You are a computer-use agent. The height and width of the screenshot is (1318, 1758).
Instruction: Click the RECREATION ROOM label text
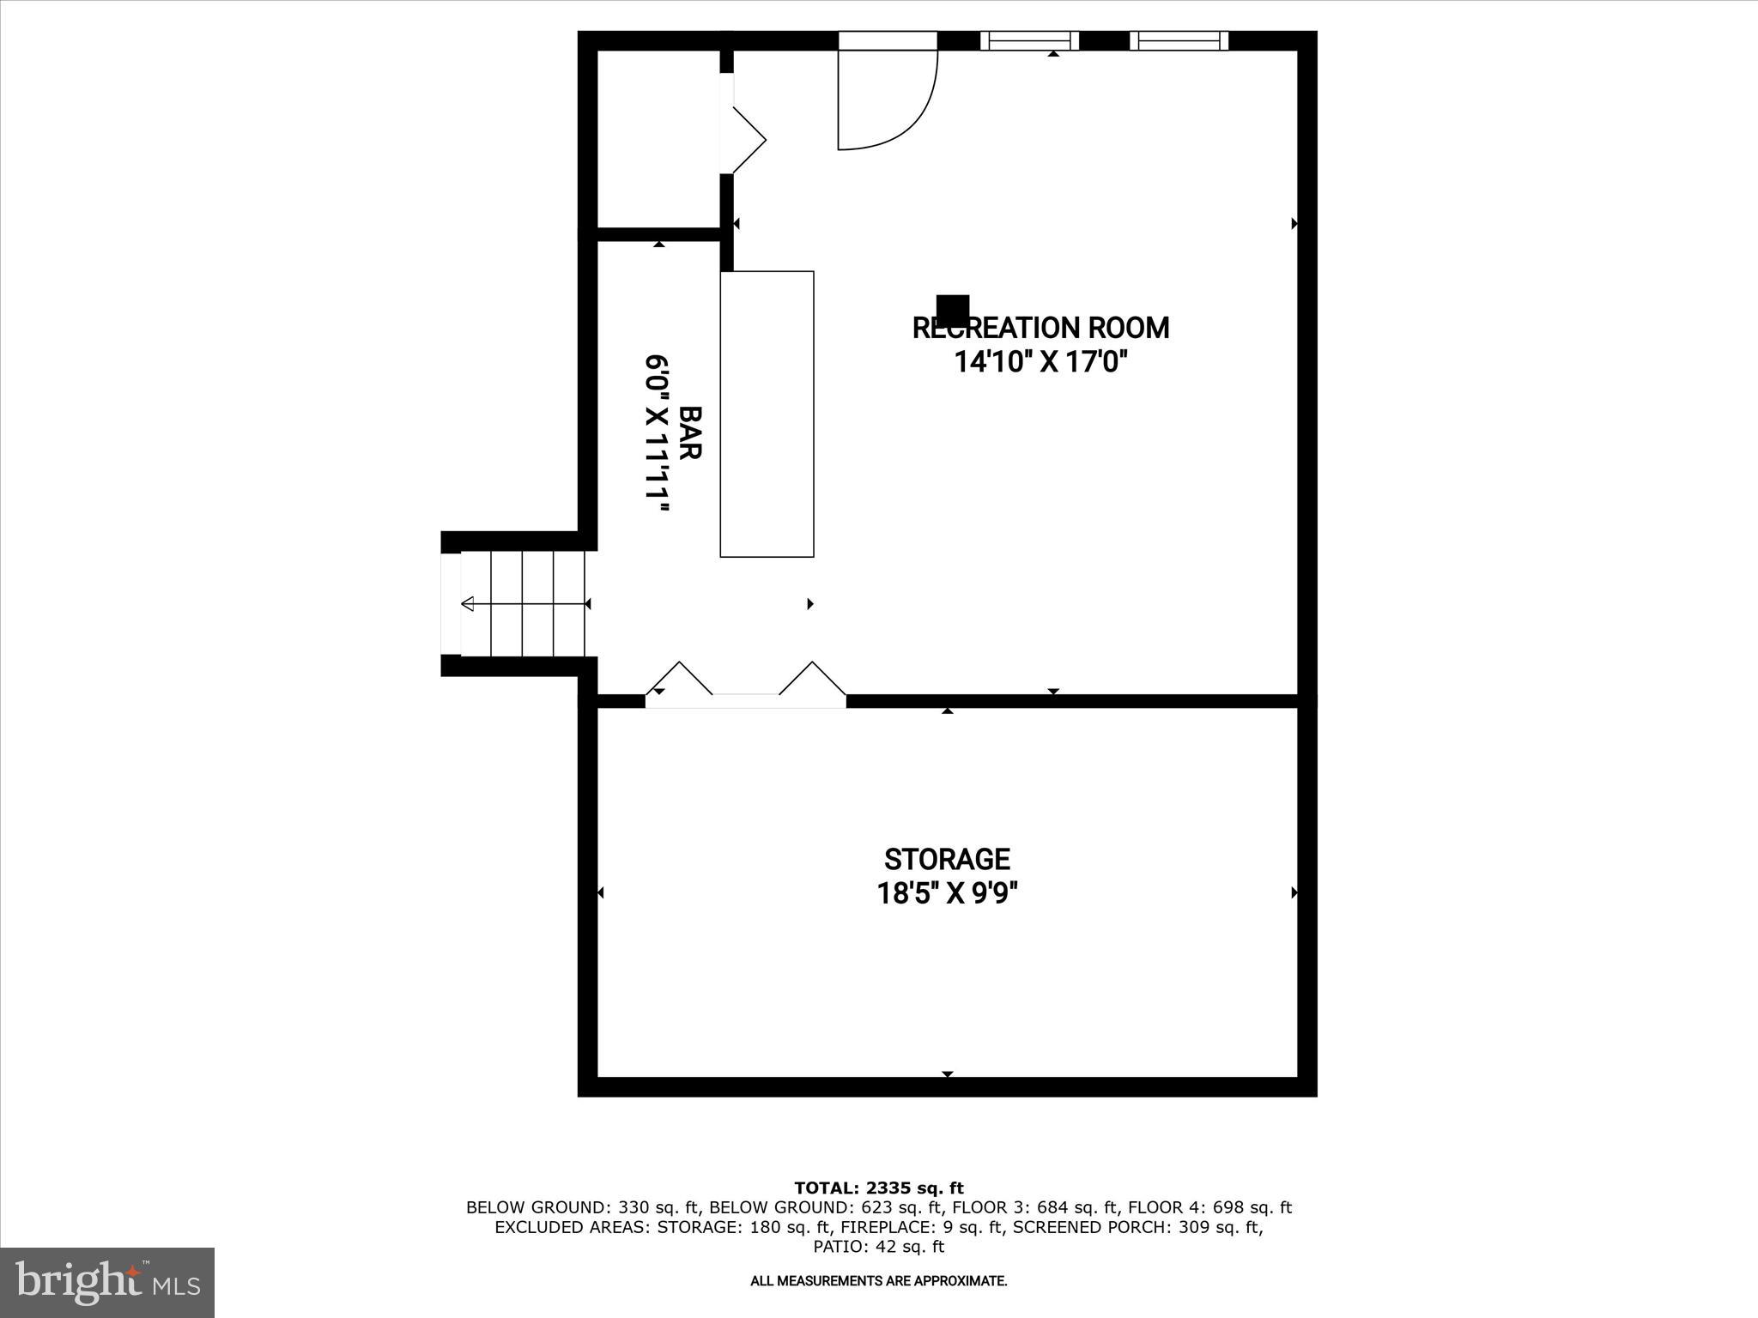[x=1040, y=328]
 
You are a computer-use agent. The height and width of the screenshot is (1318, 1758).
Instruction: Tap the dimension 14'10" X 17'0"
[x=1040, y=362]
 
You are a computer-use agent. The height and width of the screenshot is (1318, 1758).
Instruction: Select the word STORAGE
[x=947, y=859]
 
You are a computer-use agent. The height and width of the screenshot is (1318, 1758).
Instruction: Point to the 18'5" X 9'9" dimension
[x=947, y=894]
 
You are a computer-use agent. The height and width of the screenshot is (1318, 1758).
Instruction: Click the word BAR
[x=690, y=432]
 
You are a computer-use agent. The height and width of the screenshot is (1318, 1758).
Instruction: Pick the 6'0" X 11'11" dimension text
[x=658, y=432]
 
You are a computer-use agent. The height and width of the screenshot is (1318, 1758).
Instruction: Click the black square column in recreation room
[x=952, y=308]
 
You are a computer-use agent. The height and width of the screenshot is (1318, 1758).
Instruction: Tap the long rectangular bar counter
[x=767, y=414]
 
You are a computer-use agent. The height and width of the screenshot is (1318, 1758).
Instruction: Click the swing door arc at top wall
[x=893, y=103]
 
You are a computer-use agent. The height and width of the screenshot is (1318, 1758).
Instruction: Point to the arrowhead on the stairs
[x=468, y=604]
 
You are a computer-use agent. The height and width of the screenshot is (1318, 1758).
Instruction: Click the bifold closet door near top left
[x=745, y=140]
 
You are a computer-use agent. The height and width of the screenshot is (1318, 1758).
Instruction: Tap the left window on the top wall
[x=1029, y=40]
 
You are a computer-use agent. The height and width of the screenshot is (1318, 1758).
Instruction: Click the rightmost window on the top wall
[x=1179, y=40]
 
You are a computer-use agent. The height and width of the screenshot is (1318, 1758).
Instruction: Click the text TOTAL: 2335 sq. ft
[x=878, y=1188]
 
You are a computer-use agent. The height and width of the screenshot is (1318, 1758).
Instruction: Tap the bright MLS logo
[x=107, y=1282]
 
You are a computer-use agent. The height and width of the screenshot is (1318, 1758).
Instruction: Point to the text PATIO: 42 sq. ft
[x=878, y=1246]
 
